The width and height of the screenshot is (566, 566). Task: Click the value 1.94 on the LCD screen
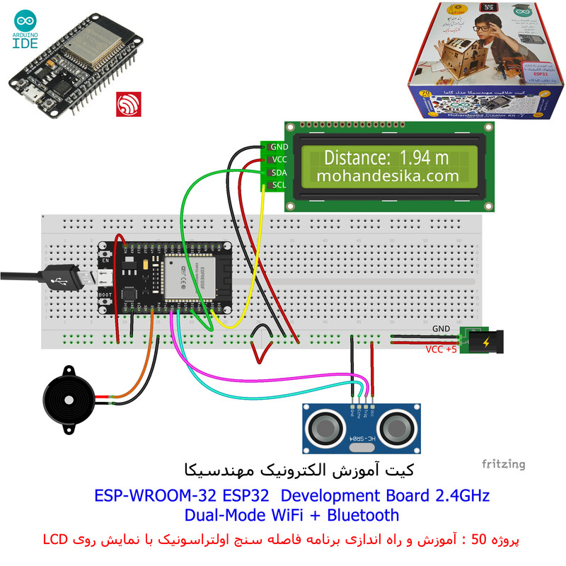(x=414, y=157)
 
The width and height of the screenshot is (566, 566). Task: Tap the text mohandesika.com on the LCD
(x=388, y=175)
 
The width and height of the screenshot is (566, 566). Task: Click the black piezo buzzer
(x=68, y=400)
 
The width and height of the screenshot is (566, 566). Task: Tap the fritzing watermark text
(x=504, y=464)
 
